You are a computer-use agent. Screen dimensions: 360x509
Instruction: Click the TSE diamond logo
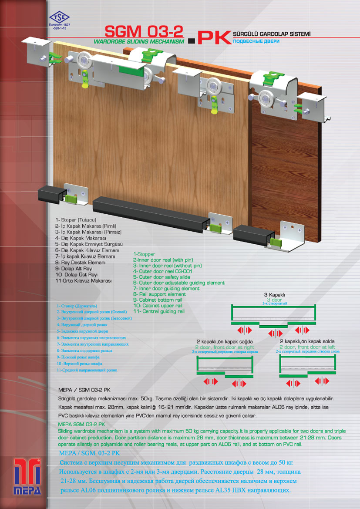59,17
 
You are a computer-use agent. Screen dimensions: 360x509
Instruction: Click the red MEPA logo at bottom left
27,477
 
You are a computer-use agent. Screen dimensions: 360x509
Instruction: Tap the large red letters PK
214,38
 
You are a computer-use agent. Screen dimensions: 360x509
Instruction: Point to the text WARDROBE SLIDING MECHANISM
139,41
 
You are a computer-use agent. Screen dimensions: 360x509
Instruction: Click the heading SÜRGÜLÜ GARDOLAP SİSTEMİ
272,34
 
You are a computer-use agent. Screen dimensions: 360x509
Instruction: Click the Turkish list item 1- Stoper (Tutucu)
76,220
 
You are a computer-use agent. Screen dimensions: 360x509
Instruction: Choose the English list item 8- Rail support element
160,294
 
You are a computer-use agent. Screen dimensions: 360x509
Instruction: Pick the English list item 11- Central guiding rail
159,311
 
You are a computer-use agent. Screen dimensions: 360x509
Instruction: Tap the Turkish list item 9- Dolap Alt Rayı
74,269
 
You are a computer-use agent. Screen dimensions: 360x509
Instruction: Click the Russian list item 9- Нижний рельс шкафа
78,357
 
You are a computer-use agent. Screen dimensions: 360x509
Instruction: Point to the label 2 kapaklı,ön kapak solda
307,341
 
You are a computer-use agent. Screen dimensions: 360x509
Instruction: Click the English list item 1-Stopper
144,254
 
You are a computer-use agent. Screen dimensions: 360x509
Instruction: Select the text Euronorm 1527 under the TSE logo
60,25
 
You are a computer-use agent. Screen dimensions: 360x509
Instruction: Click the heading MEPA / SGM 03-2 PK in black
84,390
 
